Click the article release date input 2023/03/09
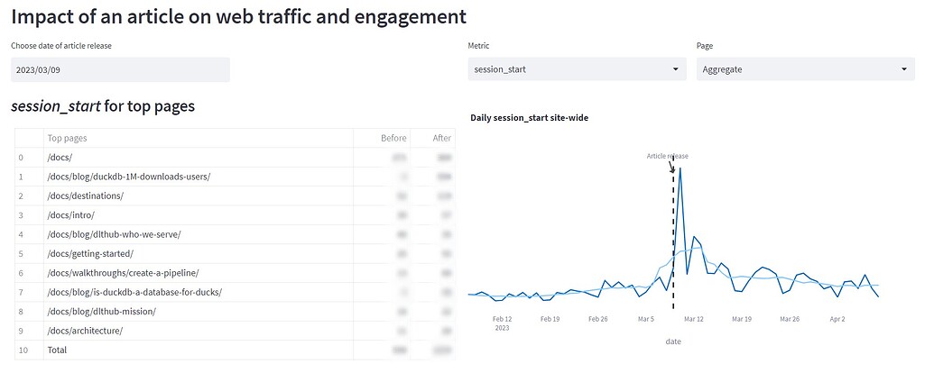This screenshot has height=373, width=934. (120, 69)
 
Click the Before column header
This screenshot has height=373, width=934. (393, 138)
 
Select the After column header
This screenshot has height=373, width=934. (441, 138)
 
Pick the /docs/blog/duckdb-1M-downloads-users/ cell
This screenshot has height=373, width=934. (128, 176)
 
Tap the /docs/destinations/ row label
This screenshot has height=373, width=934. (85, 196)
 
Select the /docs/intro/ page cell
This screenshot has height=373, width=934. (70, 214)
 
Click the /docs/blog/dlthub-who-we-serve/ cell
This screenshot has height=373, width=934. (114, 234)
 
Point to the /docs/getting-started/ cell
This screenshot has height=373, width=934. (90, 253)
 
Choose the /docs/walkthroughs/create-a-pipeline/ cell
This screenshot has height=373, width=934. (123, 272)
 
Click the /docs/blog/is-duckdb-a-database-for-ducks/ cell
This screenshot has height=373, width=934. (134, 292)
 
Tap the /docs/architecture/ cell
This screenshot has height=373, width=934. (85, 331)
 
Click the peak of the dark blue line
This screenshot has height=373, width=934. (680, 168)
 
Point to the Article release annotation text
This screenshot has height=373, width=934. (667, 156)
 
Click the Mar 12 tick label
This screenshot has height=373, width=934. (693, 318)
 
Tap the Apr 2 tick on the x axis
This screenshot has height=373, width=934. (837, 318)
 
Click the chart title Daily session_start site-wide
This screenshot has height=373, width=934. (529, 117)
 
